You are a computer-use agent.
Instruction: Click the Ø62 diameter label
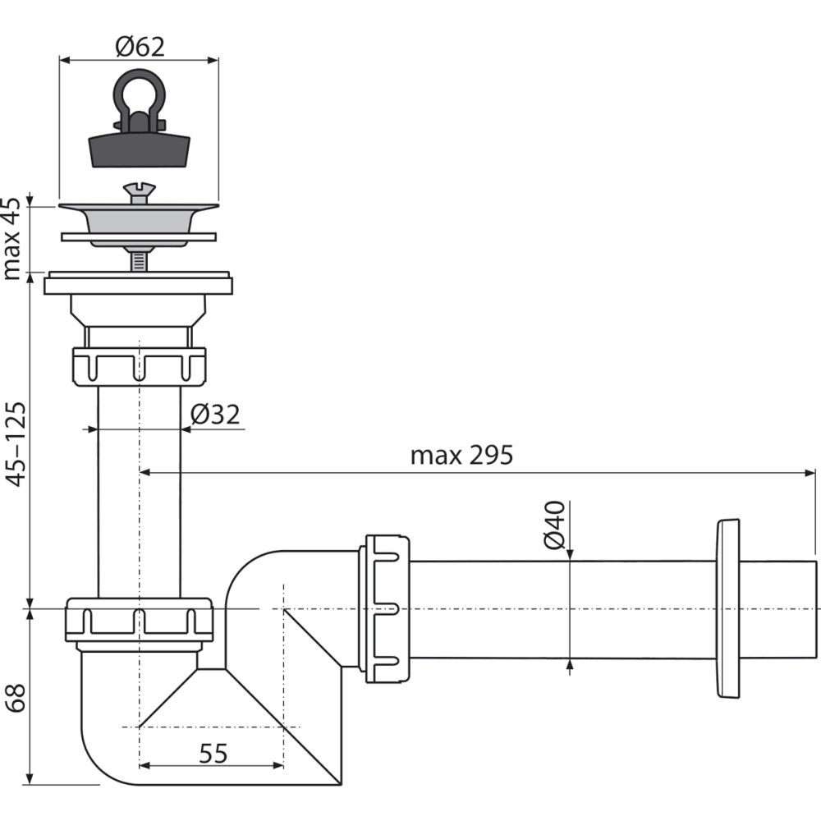click(x=140, y=46)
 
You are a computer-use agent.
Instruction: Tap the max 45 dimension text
click(x=13, y=238)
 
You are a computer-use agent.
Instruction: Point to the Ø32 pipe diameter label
click(x=215, y=415)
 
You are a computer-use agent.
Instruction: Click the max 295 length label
click(x=461, y=455)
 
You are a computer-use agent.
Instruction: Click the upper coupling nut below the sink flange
click(x=139, y=366)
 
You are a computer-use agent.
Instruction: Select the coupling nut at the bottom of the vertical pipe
click(x=139, y=620)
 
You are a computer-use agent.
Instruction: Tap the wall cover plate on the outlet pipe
click(x=727, y=608)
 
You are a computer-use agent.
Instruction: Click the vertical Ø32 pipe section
click(x=139, y=493)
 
